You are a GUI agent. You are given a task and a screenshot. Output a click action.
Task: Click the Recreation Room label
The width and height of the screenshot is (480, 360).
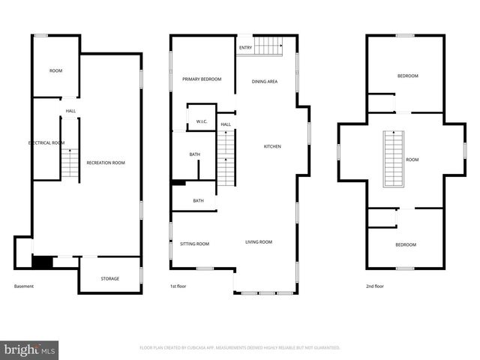point(105,163)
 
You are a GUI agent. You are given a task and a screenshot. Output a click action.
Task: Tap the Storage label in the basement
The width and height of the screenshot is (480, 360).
point(110,279)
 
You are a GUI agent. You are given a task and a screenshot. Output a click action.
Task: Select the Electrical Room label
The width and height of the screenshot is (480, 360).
point(46,142)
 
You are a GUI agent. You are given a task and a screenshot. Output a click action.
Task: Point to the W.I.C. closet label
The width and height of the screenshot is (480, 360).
point(202,121)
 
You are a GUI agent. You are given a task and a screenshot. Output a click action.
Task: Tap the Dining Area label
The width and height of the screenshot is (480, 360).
point(265,81)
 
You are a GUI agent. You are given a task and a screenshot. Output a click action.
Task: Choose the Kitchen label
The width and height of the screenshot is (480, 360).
point(272,146)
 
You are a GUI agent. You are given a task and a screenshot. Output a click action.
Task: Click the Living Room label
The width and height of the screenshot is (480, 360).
point(259,242)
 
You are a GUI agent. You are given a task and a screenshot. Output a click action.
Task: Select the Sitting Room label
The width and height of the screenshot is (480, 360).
point(194,244)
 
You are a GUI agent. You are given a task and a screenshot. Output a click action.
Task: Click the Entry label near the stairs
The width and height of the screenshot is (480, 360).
point(245,48)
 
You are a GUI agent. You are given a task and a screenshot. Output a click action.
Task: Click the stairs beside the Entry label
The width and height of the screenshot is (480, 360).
point(268,45)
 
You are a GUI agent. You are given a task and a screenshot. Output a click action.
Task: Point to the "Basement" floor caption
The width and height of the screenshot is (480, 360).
point(24,286)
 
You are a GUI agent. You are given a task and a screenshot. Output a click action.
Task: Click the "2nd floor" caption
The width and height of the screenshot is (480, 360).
point(374,286)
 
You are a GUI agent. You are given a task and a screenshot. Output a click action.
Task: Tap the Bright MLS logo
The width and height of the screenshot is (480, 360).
point(30,349)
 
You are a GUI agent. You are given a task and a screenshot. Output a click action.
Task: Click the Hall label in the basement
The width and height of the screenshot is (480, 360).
point(70,111)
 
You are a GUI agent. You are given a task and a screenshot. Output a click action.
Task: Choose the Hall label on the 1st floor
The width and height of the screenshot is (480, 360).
point(225,124)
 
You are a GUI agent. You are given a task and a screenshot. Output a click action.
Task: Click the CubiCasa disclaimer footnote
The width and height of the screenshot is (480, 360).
point(240,348)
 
